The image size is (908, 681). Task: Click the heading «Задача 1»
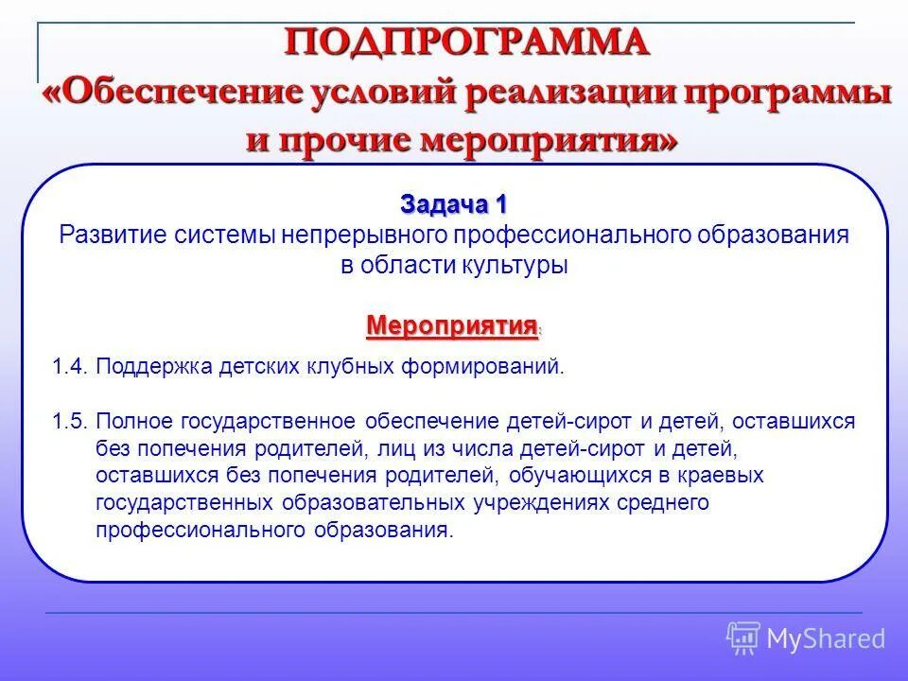(x=454, y=204)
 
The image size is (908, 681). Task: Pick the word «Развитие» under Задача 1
(x=113, y=236)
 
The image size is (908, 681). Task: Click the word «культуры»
(x=515, y=266)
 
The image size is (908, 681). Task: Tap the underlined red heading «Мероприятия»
(x=451, y=326)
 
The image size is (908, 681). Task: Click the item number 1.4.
(x=70, y=367)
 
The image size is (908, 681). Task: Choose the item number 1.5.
(x=70, y=421)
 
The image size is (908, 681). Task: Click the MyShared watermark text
(x=826, y=638)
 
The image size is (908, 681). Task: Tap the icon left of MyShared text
(x=743, y=637)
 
